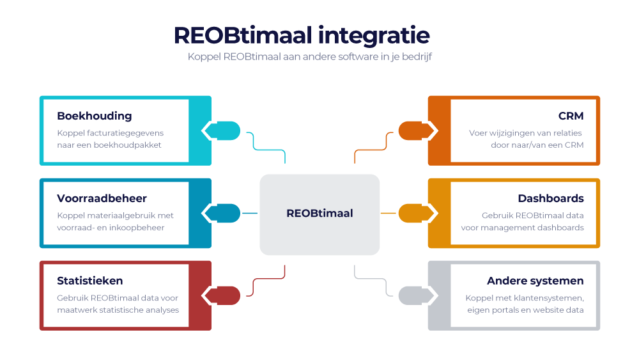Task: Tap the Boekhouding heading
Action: tap(94, 116)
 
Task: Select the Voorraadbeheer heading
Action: tap(102, 198)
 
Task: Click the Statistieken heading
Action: tap(89, 281)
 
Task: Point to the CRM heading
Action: tap(571, 116)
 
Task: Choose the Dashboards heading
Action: tap(551, 198)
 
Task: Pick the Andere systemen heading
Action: tap(535, 281)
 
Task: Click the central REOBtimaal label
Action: tap(319, 214)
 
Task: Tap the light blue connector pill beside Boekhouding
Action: tap(222, 130)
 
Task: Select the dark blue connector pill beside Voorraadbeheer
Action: tap(222, 213)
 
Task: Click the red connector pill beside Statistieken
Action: tap(222, 295)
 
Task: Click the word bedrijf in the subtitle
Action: tap(418, 57)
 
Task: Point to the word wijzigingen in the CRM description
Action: tap(516, 133)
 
